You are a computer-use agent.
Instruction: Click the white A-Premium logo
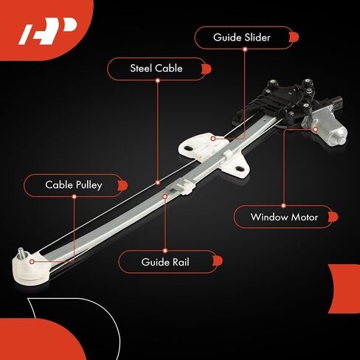click(48, 31)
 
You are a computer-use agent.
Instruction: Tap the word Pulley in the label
click(89, 185)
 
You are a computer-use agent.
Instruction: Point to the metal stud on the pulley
click(21, 252)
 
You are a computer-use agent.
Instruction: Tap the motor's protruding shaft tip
click(342, 140)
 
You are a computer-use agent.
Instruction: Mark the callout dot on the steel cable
click(158, 183)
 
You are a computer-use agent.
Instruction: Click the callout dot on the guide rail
click(165, 196)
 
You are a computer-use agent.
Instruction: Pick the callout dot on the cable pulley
click(32, 262)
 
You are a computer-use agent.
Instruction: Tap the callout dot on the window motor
click(316, 129)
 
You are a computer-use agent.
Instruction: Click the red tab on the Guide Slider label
click(294, 38)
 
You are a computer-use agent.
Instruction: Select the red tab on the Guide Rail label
click(218, 261)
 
